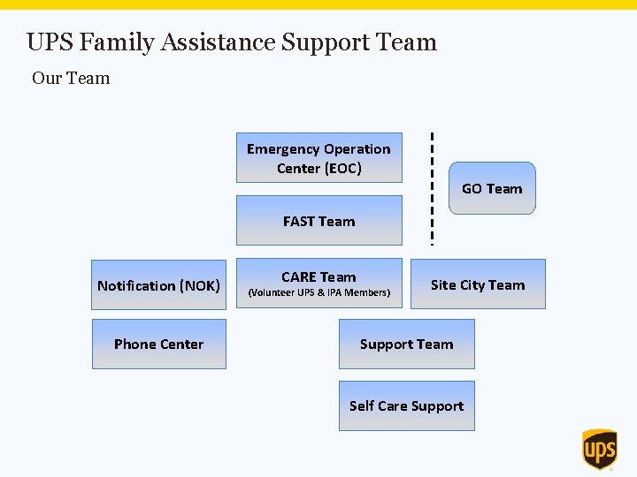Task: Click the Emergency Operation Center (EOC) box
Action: [x=318, y=158]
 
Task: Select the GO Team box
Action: [x=492, y=188]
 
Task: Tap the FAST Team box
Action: [x=318, y=222]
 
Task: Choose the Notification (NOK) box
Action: [x=159, y=285]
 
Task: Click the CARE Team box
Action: [x=318, y=284]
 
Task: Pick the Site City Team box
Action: [x=478, y=284]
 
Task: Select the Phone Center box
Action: [x=159, y=344]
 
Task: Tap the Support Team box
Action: [x=406, y=344]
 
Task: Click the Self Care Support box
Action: [x=406, y=406]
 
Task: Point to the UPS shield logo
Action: [x=599, y=450]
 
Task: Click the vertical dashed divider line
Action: [x=432, y=188]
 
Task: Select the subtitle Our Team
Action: [x=71, y=78]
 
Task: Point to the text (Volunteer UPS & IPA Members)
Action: [x=318, y=292]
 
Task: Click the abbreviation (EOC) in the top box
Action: [x=343, y=169]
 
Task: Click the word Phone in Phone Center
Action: [x=134, y=344]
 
